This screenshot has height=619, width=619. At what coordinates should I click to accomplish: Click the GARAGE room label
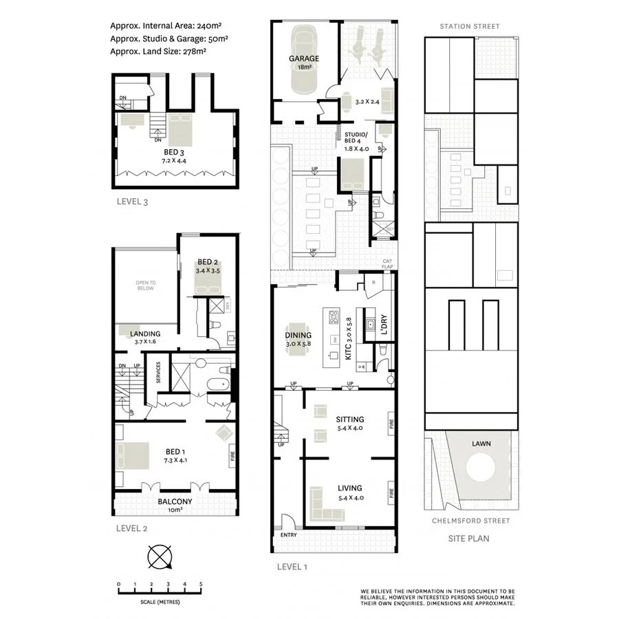(303, 58)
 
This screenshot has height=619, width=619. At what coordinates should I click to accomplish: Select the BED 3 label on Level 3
(173, 152)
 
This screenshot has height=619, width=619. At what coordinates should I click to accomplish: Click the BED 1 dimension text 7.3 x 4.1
(173, 459)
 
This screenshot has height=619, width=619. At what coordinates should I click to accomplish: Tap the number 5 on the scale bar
(201, 585)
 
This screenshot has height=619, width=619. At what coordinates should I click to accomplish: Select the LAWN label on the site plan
(481, 444)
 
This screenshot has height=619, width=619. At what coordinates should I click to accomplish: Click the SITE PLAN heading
(470, 539)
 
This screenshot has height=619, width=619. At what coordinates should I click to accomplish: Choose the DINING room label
(298, 336)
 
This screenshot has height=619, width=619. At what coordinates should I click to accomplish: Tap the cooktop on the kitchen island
(334, 318)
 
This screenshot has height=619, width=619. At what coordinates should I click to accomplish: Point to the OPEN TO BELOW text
(144, 285)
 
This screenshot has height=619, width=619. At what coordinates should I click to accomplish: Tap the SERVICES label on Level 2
(158, 374)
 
